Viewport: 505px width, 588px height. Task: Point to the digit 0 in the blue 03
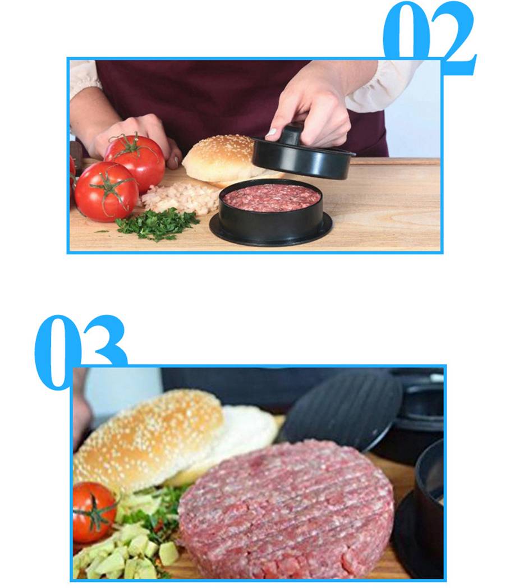pos(56,351)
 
